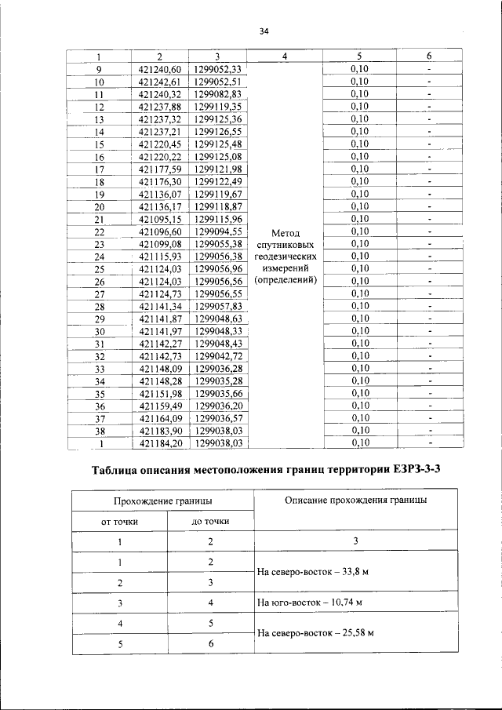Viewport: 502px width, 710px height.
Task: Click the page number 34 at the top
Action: [264, 31]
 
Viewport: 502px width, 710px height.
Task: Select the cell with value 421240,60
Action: [159, 69]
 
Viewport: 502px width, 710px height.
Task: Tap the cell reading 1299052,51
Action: [219, 82]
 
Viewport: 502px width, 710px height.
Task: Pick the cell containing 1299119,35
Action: [219, 107]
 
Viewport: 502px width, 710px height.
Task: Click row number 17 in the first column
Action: [100, 169]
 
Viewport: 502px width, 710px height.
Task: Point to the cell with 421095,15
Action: [159, 218]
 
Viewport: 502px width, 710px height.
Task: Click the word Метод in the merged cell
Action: [285, 232]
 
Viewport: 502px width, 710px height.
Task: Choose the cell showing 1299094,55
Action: [219, 231]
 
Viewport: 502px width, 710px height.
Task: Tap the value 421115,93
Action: [159, 256]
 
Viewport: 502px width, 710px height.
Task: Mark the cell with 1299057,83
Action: [219, 306]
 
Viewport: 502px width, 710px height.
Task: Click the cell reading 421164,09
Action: [159, 417]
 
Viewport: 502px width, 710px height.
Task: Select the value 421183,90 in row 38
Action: [159, 430]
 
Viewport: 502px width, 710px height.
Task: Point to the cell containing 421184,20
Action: [159, 442]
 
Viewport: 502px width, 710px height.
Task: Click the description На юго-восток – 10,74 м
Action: [310, 603]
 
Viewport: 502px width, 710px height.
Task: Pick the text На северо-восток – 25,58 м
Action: [315, 633]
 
